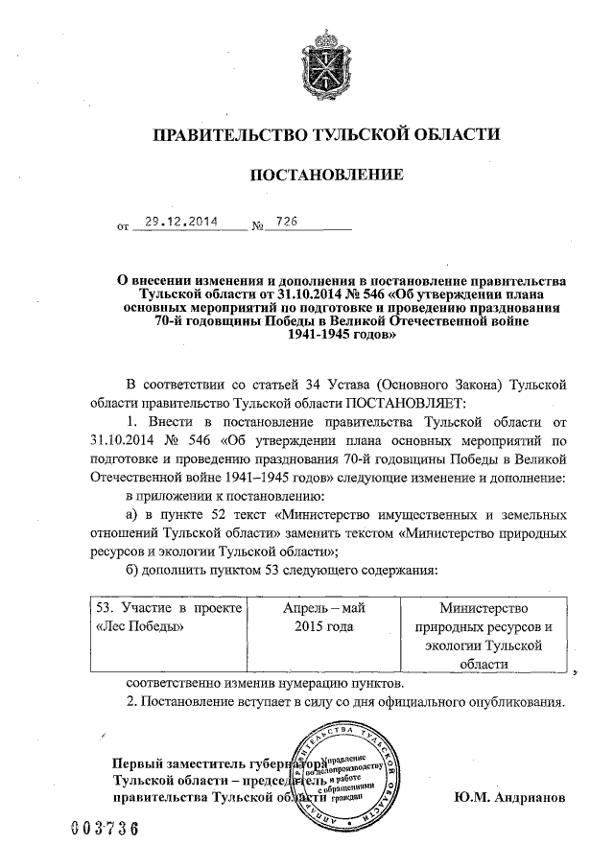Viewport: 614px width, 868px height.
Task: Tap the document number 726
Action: [285, 222]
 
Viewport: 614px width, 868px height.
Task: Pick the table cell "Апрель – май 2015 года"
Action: [324, 617]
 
